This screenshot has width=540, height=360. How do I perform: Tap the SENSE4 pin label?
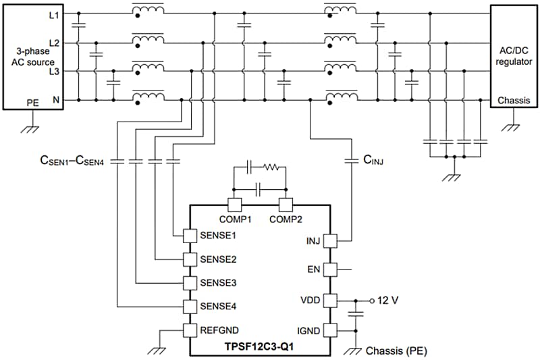pyautogui.click(x=218, y=306)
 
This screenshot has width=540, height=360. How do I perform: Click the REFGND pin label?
pyautogui.click(x=219, y=330)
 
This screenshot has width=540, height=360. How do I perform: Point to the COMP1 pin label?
pyautogui.click(x=235, y=220)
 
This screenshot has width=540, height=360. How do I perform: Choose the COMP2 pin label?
pyautogui.click(x=285, y=220)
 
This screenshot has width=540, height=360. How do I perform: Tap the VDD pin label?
pyautogui.click(x=311, y=300)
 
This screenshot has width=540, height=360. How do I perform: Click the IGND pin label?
pyautogui.click(x=309, y=330)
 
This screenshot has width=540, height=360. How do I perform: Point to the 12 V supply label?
pyautogui.click(x=388, y=300)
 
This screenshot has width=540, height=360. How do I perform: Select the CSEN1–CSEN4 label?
pyautogui.click(x=72, y=162)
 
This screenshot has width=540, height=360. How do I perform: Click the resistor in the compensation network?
pyautogui.click(x=271, y=165)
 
